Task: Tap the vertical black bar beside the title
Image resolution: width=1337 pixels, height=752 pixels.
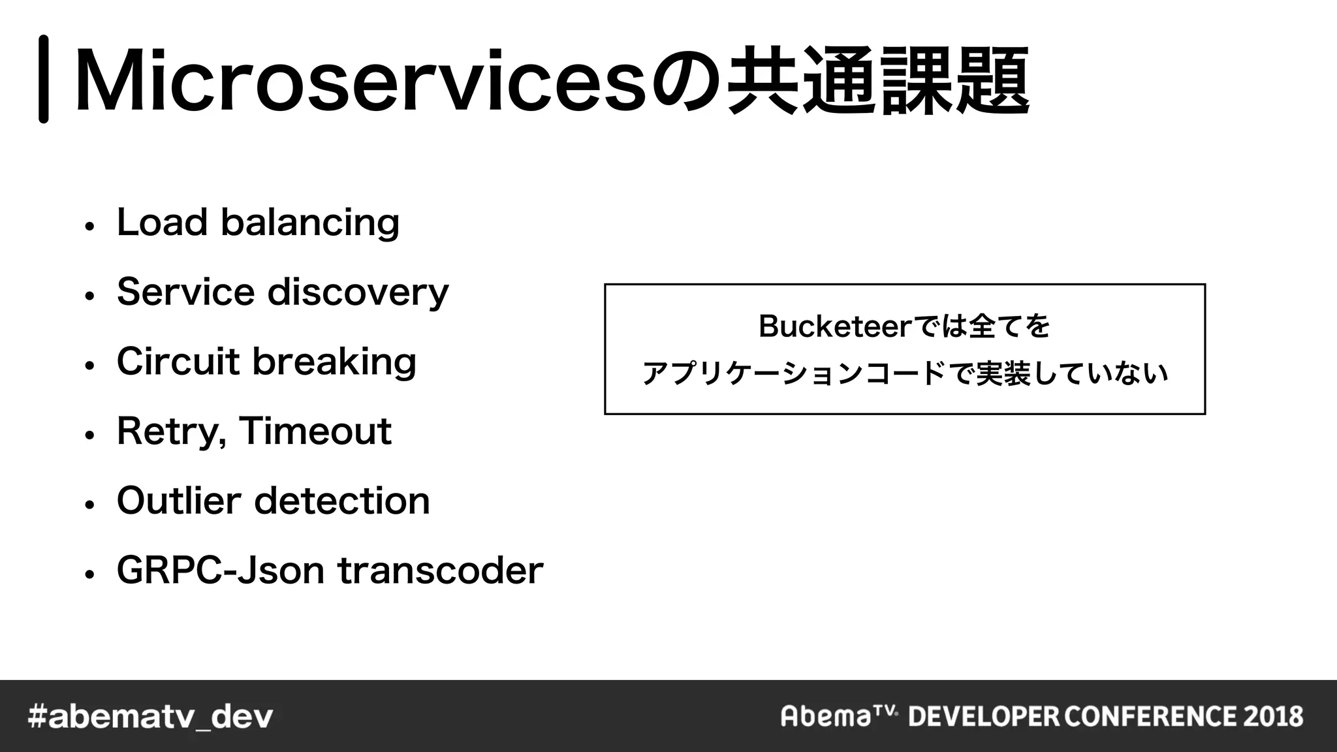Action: click(x=44, y=79)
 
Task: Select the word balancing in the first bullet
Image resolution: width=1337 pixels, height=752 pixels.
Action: click(x=310, y=223)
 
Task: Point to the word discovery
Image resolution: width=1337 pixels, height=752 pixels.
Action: click(x=358, y=292)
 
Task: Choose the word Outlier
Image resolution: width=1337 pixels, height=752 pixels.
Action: click(x=179, y=501)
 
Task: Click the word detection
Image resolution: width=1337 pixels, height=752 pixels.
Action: click(x=341, y=501)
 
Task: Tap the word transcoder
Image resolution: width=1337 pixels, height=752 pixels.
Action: click(x=440, y=571)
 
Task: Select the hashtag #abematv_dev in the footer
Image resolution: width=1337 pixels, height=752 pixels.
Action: click(x=151, y=717)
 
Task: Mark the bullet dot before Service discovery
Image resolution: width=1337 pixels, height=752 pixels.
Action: click(x=90, y=295)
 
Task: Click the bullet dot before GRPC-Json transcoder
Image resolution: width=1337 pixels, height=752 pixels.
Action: click(x=90, y=574)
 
